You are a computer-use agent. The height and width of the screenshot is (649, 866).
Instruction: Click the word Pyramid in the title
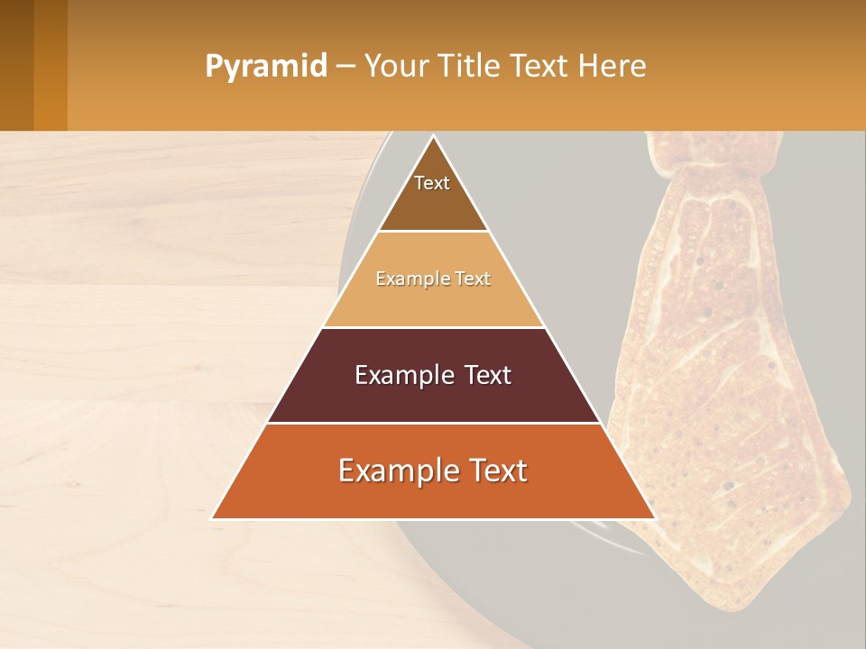click(265, 67)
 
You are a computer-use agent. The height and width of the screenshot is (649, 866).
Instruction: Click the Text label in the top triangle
click(432, 184)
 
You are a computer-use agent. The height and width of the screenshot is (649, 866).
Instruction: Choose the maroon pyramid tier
click(434, 397)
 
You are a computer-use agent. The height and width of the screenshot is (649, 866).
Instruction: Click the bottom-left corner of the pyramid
click(212, 518)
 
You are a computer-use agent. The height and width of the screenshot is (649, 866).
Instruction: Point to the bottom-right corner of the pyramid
click(655, 518)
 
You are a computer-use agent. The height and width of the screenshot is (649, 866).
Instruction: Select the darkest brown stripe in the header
click(16, 65)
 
